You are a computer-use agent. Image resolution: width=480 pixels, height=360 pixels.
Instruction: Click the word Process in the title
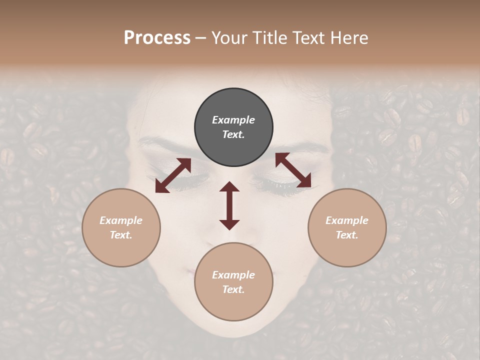coord(157,38)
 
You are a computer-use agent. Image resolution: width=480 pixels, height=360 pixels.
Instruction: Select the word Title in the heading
coord(269,38)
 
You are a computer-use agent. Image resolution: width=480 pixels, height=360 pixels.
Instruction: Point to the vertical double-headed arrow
coord(229,205)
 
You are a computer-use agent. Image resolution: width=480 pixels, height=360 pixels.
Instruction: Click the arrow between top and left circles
coord(173,175)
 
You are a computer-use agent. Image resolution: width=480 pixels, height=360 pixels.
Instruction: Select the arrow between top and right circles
coord(293,170)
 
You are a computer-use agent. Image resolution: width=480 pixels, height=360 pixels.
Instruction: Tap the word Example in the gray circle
coord(233,120)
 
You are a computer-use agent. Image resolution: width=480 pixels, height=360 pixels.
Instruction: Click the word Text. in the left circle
coord(121,235)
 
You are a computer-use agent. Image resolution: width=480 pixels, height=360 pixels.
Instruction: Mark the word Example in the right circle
coord(347,220)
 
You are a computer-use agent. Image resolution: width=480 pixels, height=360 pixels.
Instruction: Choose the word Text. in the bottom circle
coord(233,289)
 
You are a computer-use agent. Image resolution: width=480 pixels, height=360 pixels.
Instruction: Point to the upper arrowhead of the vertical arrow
coord(229,186)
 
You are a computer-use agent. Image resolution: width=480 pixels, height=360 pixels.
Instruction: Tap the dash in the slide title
coord(201,38)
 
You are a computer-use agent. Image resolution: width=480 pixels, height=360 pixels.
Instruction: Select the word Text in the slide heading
coord(308,38)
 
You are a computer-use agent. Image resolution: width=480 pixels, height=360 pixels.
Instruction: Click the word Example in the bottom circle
coord(233,275)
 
